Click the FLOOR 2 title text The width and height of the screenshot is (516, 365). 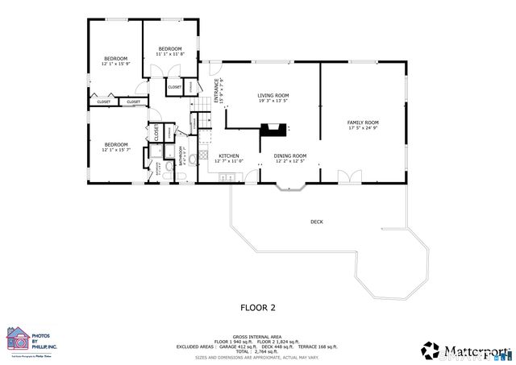click(258, 307)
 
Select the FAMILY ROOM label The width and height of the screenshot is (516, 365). click(363, 122)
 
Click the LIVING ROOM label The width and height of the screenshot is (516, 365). click(273, 95)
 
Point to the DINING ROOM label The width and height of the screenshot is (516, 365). click(290, 156)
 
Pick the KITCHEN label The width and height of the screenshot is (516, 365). click(229, 156)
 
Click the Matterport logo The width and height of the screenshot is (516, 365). click(465, 350)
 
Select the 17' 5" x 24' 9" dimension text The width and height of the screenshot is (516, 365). click(363, 128)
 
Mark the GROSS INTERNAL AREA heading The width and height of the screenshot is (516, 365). click(257, 337)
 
